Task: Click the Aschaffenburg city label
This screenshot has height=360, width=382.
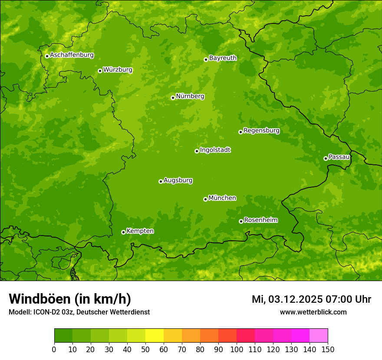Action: click(72, 55)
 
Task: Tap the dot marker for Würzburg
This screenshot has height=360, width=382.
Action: click(100, 71)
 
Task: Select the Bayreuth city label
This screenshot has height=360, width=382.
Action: click(223, 58)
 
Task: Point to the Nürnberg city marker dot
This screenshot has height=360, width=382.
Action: click(173, 98)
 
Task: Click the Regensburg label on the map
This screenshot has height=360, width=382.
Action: click(261, 130)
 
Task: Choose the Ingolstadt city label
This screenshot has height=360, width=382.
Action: click(215, 150)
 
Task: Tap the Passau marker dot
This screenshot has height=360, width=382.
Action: click(326, 158)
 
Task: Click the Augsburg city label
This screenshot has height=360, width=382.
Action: click(178, 180)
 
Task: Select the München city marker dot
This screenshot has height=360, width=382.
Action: click(205, 199)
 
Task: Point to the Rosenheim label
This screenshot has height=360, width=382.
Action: click(260, 220)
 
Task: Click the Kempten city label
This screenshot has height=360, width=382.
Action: click(140, 231)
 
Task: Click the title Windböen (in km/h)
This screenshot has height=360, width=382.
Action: click(69, 299)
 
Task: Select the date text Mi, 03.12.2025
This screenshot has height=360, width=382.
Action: click(287, 299)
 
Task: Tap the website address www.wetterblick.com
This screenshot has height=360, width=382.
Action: click(313, 312)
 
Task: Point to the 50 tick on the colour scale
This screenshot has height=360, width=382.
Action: click(145, 349)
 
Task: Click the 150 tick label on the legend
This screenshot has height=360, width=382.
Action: click(328, 349)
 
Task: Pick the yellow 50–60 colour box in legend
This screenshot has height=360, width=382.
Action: click(155, 335)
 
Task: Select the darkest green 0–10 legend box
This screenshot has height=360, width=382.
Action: click(63, 335)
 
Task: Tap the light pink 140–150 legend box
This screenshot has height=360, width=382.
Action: click(319, 335)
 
